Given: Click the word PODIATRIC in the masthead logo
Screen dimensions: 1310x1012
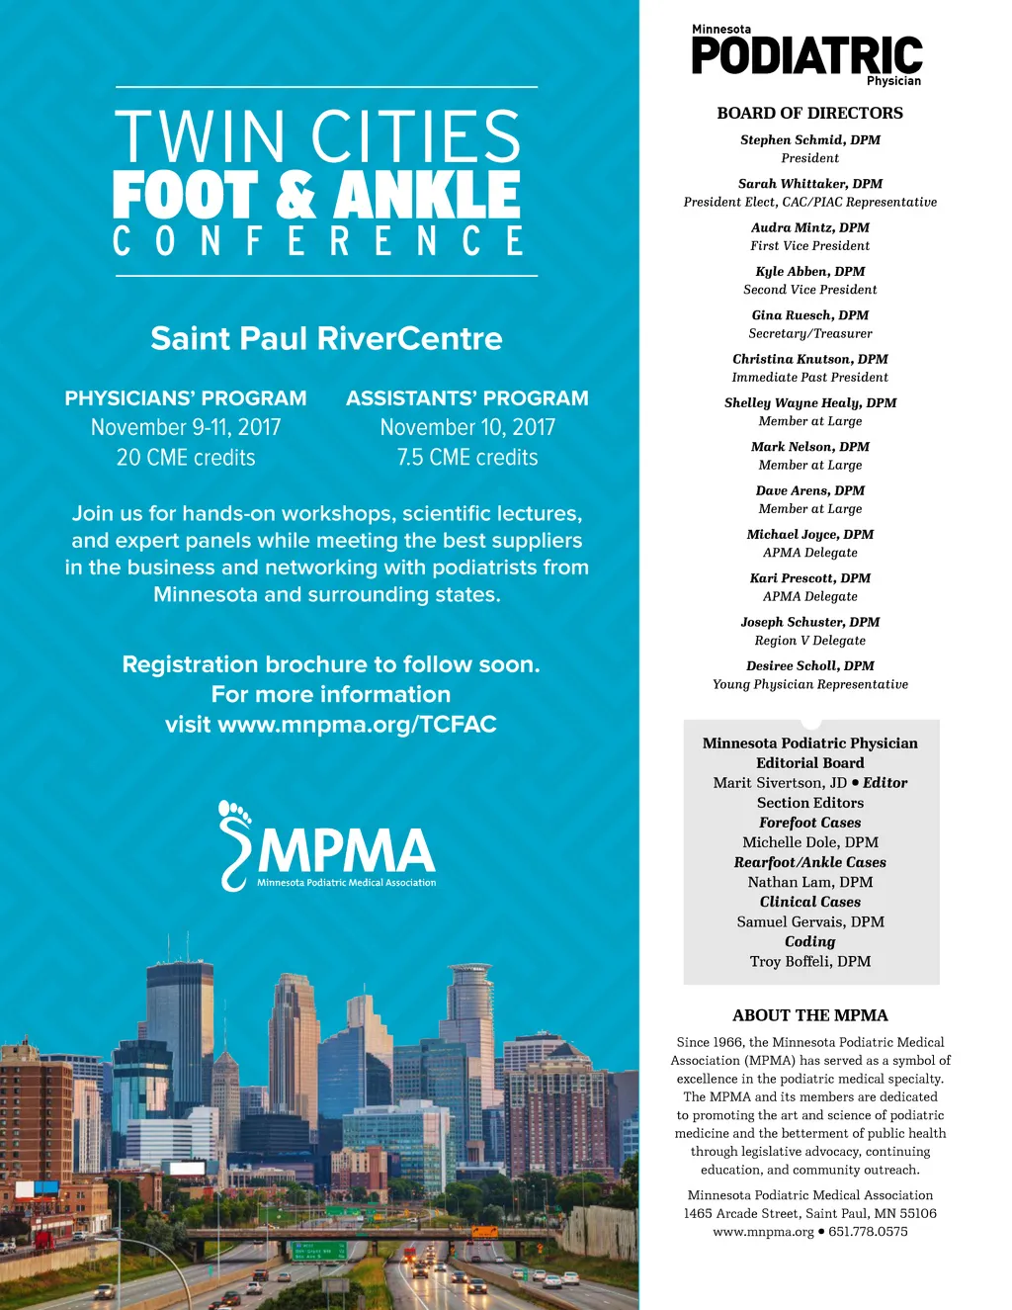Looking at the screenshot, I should point(806,56).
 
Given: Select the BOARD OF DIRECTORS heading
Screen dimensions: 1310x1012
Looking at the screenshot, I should point(809,114).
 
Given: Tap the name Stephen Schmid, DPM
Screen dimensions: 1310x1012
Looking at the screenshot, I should point(809,140).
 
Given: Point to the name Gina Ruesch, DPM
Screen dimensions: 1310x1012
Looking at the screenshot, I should point(809,315).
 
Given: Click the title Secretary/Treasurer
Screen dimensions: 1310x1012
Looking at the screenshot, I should point(809,334).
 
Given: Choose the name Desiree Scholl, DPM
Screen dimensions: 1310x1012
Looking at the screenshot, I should point(809,666).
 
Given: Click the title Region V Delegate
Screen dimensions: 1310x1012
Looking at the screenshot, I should point(809,641).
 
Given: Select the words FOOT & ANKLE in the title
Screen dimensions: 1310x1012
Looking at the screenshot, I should point(316,195).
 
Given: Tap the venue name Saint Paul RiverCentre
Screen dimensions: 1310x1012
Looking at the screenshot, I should point(326,339).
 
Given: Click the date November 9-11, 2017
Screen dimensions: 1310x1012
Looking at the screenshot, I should point(186,428).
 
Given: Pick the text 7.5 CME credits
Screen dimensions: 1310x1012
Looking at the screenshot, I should point(467,458).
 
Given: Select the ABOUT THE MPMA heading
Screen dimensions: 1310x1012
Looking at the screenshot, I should point(809,1015).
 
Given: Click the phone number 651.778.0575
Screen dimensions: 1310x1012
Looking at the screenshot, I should point(868,1232).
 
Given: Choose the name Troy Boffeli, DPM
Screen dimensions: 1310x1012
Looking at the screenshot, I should point(809,962).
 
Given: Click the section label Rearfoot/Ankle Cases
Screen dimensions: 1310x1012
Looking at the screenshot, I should point(809,863).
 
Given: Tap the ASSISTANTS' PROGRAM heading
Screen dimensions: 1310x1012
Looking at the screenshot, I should point(467,398).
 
